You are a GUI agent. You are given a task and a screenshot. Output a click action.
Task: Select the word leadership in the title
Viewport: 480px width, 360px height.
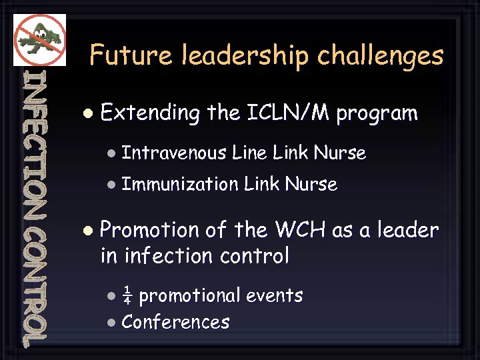(x=245, y=56)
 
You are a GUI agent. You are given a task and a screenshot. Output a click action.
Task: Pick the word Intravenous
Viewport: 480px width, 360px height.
(x=174, y=153)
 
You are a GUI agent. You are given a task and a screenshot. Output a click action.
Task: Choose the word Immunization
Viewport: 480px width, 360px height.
(x=180, y=183)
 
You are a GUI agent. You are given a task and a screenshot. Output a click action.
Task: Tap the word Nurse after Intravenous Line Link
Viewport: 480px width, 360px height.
(x=340, y=153)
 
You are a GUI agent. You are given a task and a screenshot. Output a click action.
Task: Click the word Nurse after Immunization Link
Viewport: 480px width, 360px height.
(x=311, y=183)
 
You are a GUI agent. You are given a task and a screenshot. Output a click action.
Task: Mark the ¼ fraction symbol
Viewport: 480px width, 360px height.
(x=127, y=295)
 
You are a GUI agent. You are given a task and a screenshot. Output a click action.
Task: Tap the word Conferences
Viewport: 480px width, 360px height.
(x=175, y=323)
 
